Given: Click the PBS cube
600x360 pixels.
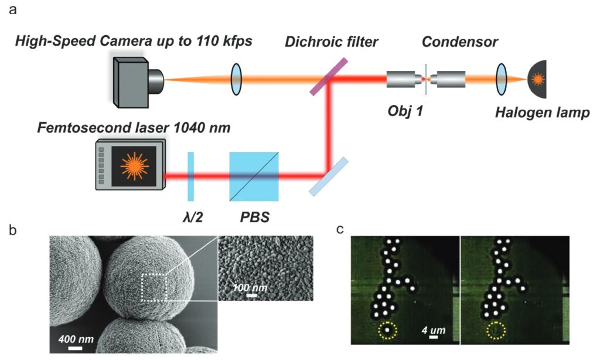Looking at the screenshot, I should (254, 175).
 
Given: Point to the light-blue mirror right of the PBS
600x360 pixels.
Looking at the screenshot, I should (329, 175).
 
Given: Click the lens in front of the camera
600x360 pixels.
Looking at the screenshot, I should (236, 79).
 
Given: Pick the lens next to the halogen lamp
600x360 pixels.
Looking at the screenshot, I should (502, 79).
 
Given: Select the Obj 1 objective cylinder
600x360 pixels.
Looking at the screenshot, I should (403, 79).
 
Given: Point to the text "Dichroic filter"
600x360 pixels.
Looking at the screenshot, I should (332, 42).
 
